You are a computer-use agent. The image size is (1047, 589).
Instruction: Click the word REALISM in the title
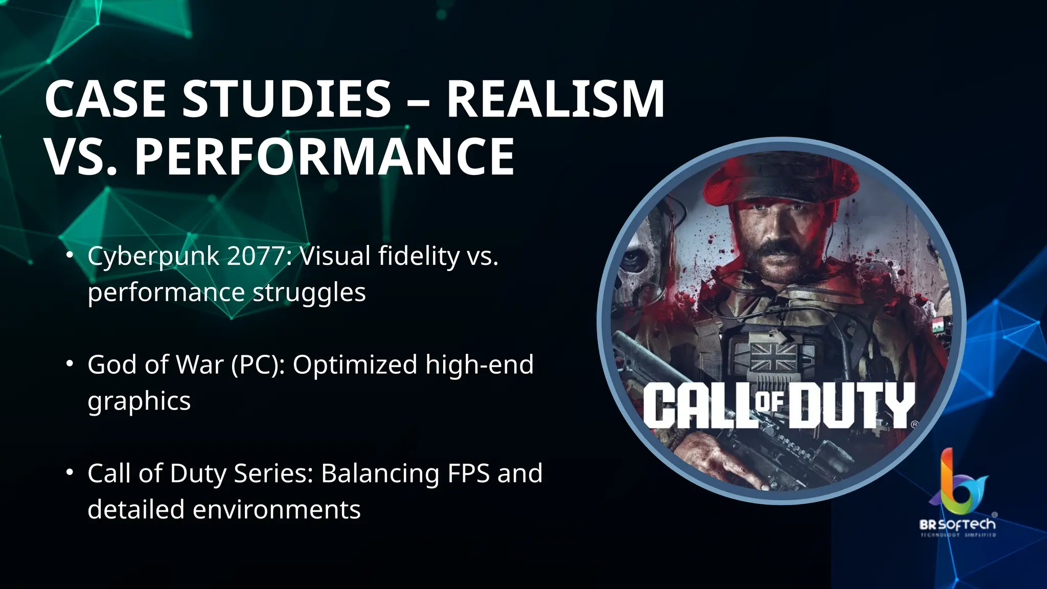coord(555,99)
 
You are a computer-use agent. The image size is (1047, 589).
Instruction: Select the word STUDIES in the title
coord(286,99)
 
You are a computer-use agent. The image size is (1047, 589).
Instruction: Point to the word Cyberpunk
coord(153,257)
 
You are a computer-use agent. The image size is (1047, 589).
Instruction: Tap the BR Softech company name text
coord(958,525)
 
